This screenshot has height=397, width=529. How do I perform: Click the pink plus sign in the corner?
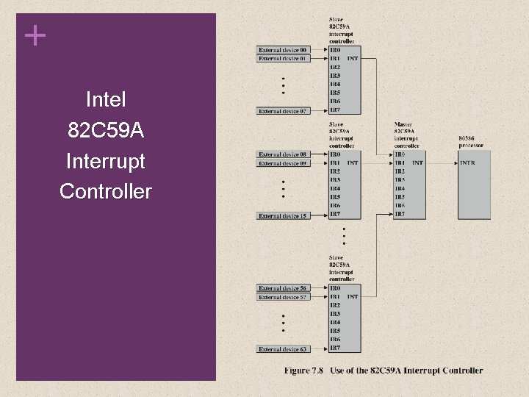coord(34,35)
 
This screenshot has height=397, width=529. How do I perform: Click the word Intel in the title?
coord(106,99)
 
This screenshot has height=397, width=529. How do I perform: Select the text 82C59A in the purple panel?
coord(106,131)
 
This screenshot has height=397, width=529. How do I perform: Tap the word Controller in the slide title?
coord(106,192)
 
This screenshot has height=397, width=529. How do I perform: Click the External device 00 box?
coord(283,50)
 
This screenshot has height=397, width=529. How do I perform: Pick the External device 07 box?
coord(283,111)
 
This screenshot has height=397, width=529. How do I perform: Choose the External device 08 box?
coord(283,154)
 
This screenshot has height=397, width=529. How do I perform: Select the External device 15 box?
coord(283,215)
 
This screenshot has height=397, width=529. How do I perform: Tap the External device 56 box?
coord(283,288)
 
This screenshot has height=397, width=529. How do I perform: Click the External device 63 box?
coord(283,349)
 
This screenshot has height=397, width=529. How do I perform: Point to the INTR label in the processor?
coord(467,163)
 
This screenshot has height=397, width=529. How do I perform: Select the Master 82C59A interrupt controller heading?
coord(406,135)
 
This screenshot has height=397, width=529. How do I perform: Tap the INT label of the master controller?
coord(417,163)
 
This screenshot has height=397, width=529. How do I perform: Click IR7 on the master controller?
coord(400,215)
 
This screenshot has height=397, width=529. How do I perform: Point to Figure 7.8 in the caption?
coord(303,371)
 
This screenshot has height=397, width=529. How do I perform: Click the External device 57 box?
coord(283,297)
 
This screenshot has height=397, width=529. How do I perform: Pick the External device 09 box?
coord(283,163)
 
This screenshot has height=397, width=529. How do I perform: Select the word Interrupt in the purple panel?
coord(106,161)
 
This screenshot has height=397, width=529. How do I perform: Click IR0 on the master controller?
coord(400,154)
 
